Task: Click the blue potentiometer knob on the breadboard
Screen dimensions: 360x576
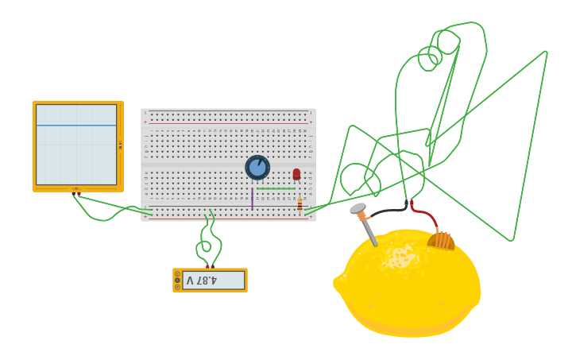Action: [x=257, y=168]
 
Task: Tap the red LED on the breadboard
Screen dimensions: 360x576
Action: [x=296, y=174]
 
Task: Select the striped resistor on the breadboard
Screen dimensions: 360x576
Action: [x=300, y=205]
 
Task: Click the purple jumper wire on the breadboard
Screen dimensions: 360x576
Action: [x=252, y=199]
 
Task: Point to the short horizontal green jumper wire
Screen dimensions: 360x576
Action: [x=275, y=188]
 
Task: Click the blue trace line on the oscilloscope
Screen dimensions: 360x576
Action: [x=76, y=126]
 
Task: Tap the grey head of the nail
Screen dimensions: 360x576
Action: [x=357, y=208]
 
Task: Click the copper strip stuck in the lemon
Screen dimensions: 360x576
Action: [x=441, y=239]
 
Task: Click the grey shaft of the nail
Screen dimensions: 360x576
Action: [x=369, y=232]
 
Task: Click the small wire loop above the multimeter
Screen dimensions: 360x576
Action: [x=207, y=246]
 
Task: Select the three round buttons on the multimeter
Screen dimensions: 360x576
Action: [x=177, y=281]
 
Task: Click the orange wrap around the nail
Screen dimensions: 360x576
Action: [x=361, y=216]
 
